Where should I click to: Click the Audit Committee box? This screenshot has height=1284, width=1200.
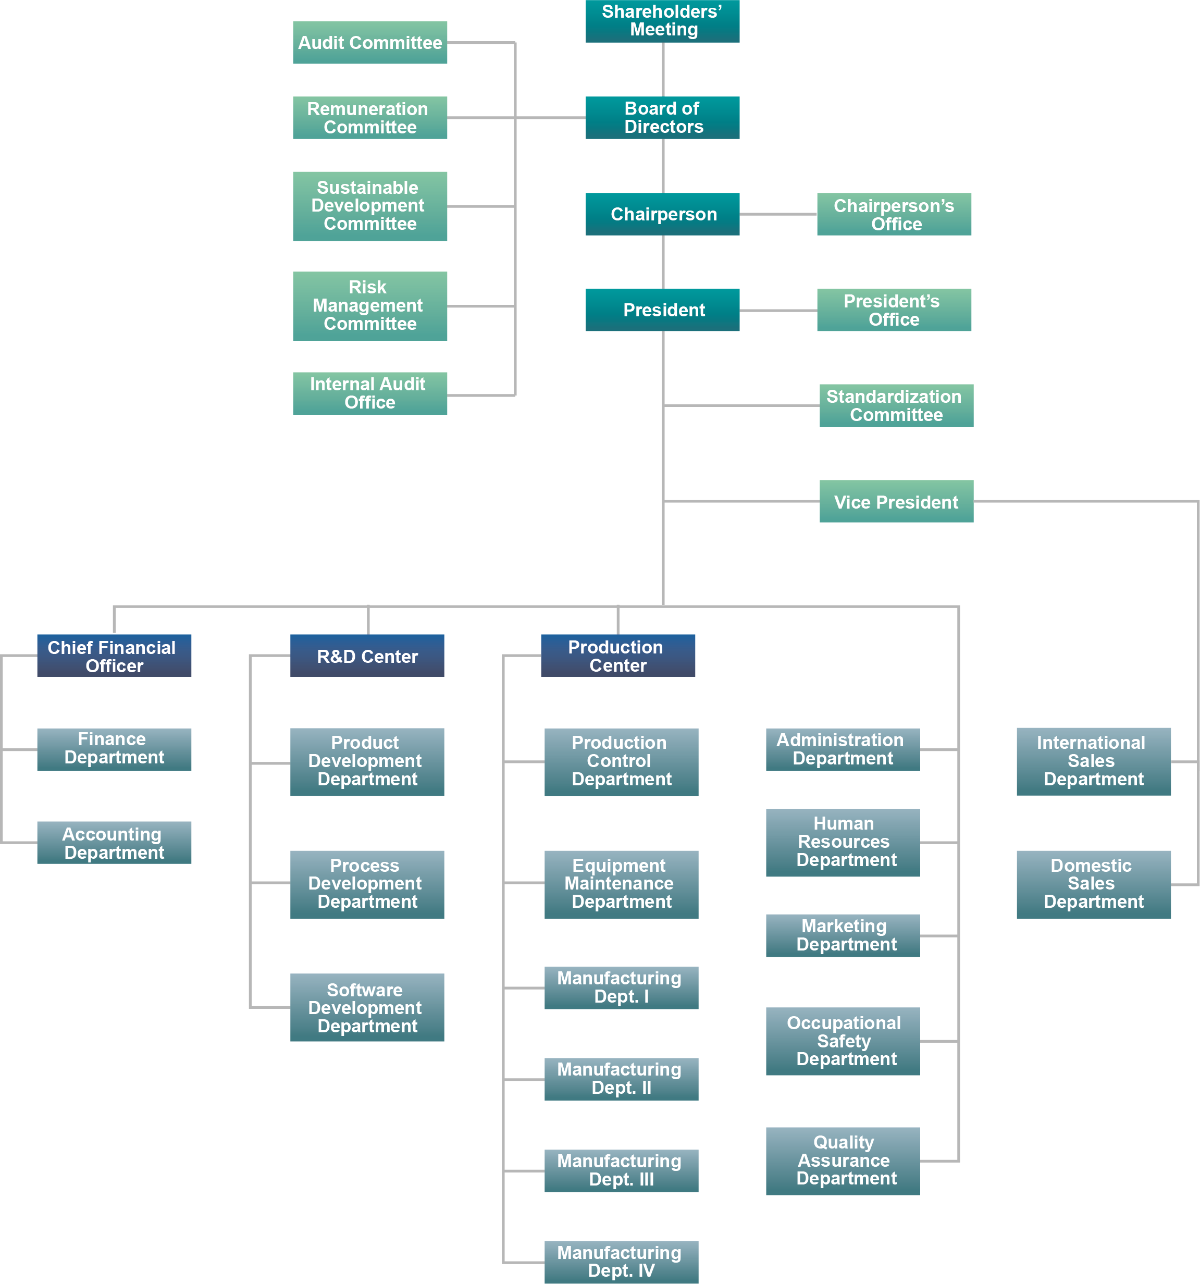[x=369, y=43]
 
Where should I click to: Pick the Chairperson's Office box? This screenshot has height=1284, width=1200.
[x=893, y=214]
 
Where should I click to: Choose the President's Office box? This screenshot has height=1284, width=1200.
[x=893, y=310]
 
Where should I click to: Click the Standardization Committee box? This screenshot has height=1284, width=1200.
[x=896, y=405]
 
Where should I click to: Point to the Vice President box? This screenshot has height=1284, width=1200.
[x=896, y=502]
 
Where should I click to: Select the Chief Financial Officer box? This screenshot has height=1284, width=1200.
[x=114, y=656]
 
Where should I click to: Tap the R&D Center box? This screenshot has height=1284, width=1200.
[x=367, y=656]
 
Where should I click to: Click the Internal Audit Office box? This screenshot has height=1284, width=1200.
[x=369, y=393]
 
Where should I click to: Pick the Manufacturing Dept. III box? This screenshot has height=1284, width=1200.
[x=621, y=1170]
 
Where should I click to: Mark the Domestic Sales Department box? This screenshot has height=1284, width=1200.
[x=1093, y=884]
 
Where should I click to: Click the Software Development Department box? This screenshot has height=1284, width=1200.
[x=367, y=1008]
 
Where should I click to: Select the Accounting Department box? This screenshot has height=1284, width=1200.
[x=114, y=843]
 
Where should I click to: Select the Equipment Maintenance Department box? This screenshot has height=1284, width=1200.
[x=621, y=884]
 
